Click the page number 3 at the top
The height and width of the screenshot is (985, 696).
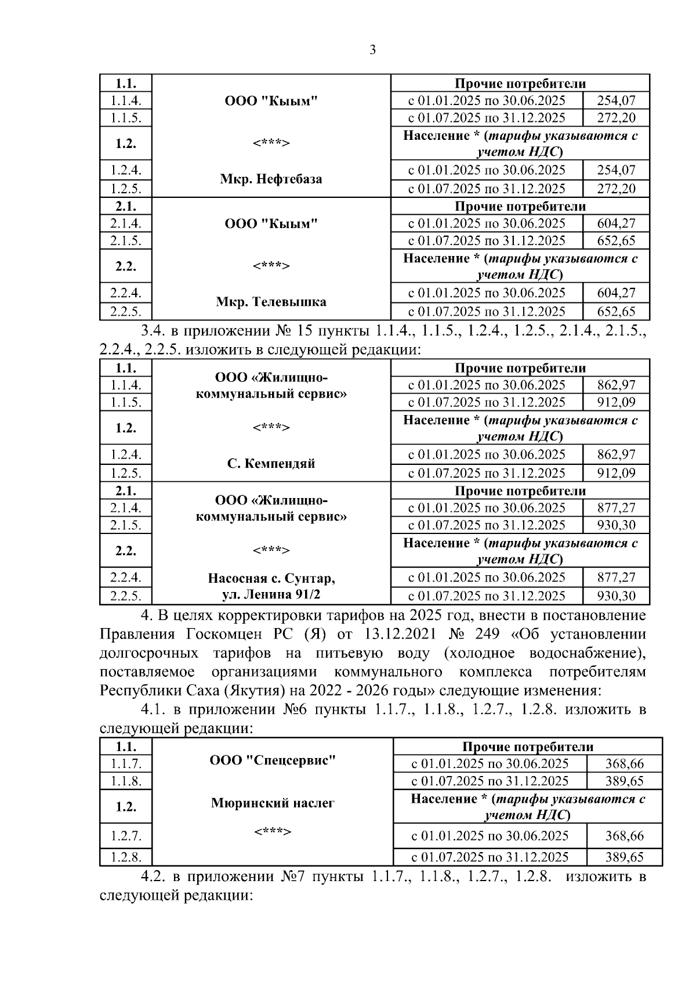(x=372, y=50)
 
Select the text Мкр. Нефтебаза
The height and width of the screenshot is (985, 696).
(x=271, y=179)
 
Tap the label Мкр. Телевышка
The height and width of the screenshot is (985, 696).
(x=271, y=302)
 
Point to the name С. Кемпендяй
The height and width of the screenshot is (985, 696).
(x=271, y=464)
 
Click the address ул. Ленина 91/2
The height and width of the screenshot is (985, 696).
(x=271, y=595)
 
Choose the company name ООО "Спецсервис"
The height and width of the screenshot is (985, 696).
(x=273, y=760)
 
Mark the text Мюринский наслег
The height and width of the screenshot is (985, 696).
(x=273, y=803)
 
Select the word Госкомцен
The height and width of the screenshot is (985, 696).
(x=219, y=634)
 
